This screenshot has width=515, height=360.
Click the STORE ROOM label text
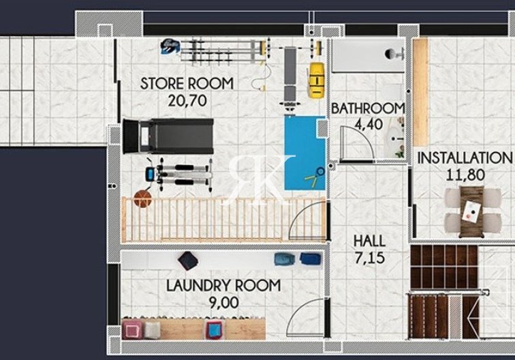point(187,84)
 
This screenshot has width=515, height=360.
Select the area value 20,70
point(187,100)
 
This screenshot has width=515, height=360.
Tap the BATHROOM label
point(367,108)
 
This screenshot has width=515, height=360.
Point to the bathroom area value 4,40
point(367,124)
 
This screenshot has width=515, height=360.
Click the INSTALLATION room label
point(465,157)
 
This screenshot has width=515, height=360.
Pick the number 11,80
point(465,174)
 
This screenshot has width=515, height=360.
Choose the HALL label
point(369,241)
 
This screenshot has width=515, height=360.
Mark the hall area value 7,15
point(369,257)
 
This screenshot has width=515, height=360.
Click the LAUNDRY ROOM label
point(223,286)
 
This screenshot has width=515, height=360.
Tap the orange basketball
point(142,198)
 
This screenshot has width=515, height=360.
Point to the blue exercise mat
point(305,153)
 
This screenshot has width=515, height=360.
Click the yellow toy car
point(315,80)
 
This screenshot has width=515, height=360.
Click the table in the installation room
point(471,211)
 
